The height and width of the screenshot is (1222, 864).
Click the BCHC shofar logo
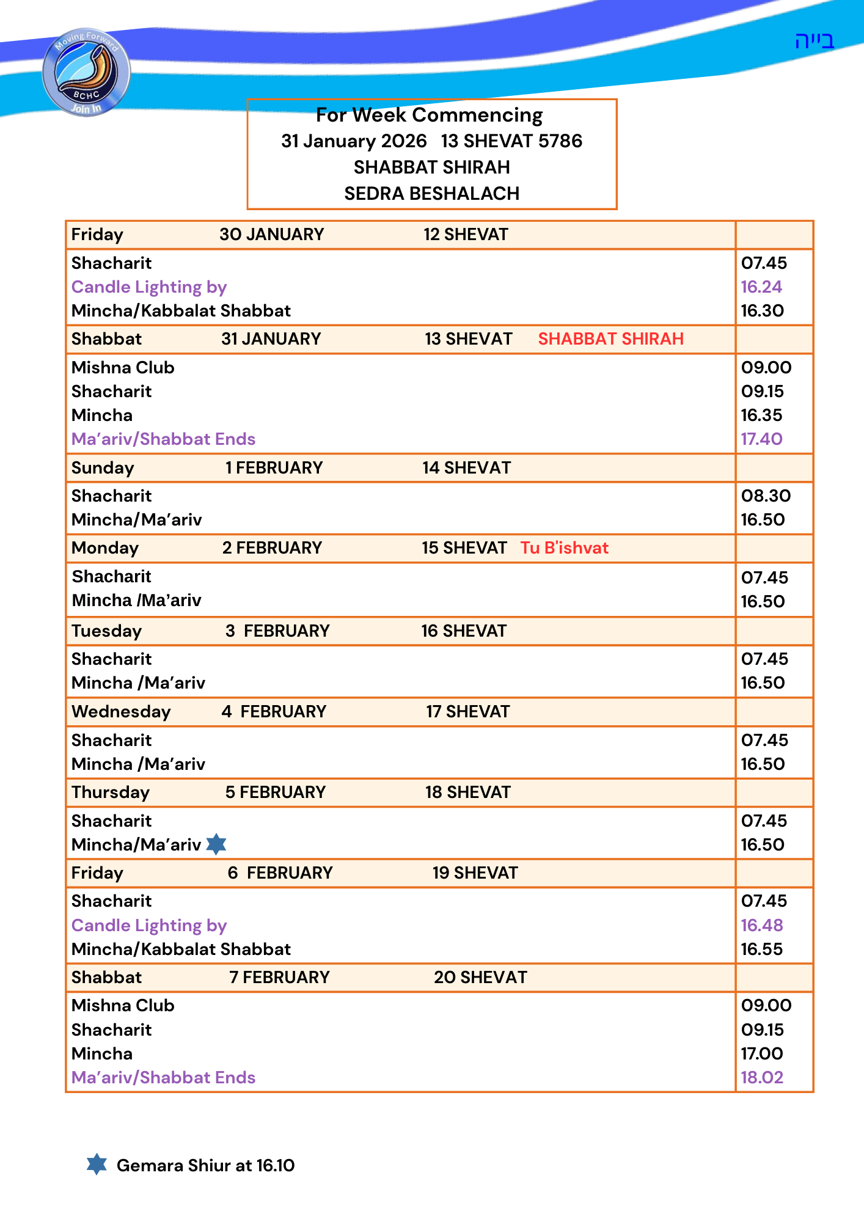[x=86, y=72]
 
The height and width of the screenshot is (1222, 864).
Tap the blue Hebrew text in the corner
[x=814, y=41]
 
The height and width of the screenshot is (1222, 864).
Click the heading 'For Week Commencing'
[x=429, y=115]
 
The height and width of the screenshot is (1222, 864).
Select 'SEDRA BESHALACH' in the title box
[x=431, y=194]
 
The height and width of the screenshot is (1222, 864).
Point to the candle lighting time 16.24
[x=761, y=287]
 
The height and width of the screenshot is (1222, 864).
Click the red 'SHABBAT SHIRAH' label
[x=610, y=339]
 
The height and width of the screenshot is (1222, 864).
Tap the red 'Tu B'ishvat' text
[x=564, y=548]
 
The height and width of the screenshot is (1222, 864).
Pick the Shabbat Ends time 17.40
[x=761, y=439]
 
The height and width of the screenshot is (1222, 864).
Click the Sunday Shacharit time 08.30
[x=766, y=496]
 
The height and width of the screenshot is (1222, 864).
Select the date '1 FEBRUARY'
[x=274, y=468]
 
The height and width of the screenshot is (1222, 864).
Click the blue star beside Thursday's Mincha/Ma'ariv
[x=216, y=844]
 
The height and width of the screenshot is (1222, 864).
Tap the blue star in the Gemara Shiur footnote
[x=97, y=1164]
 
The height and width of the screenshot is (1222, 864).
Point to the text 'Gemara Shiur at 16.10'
[x=205, y=1166]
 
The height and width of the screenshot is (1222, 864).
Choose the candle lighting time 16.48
[x=762, y=926]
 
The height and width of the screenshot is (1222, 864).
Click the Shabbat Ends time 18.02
[x=762, y=1078]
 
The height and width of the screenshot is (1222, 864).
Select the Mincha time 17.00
[x=762, y=1054]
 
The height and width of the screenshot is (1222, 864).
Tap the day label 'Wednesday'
[x=121, y=712]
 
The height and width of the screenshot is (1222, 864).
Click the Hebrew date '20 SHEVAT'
[x=480, y=978]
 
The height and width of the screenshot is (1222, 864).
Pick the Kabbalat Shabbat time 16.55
[x=762, y=949]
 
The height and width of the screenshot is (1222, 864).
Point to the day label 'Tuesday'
[x=106, y=631]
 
